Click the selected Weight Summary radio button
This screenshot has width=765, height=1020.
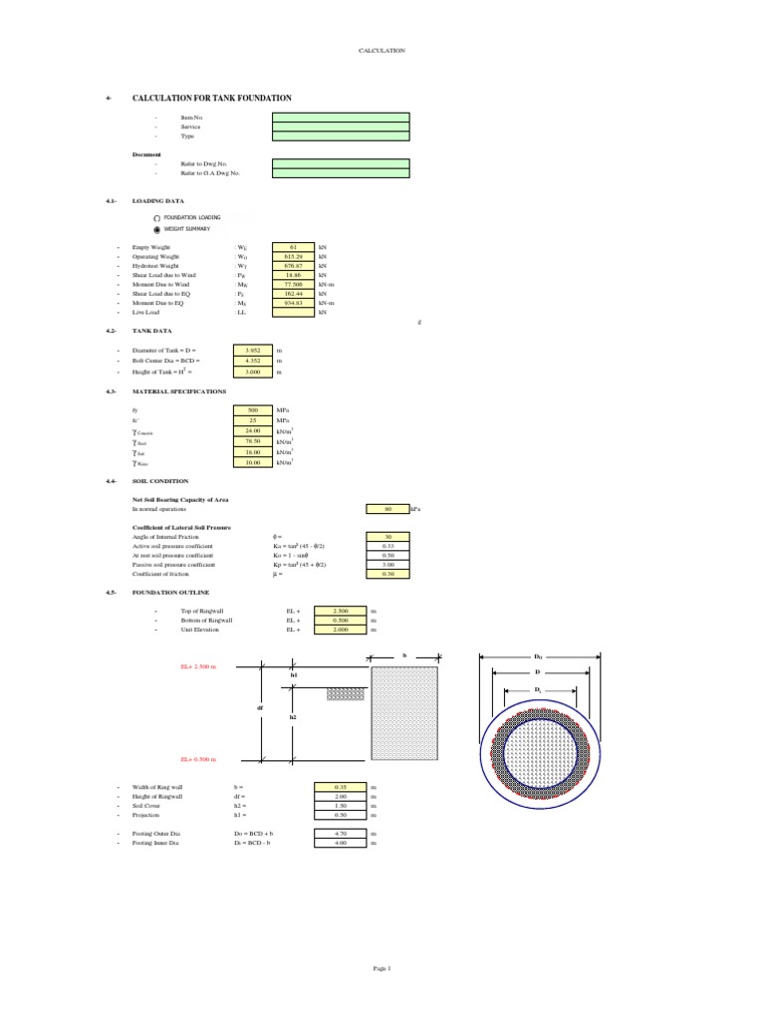pos(156,229)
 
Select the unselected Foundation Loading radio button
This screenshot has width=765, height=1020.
pos(156,217)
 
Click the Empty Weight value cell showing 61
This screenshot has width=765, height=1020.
pos(293,246)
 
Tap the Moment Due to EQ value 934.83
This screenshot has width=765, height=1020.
pos(293,303)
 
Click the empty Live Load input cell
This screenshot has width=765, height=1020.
pos(293,313)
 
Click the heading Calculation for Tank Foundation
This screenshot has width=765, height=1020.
pos(212,99)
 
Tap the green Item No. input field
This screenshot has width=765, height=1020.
pos(340,118)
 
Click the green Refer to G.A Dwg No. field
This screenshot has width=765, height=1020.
pos(340,172)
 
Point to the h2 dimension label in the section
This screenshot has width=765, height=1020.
pos(294,716)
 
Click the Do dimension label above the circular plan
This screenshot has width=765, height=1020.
pos(538,657)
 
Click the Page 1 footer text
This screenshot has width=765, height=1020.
pos(382,968)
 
